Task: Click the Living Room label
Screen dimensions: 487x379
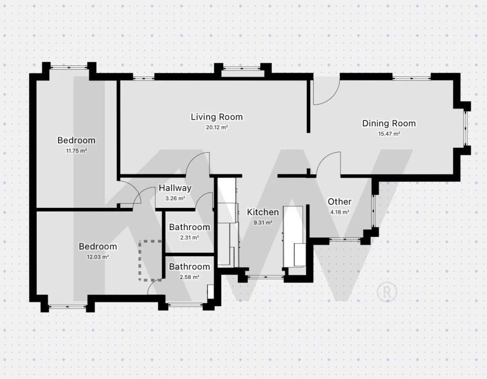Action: [217, 117]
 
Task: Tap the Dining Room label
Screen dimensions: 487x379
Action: [389, 123]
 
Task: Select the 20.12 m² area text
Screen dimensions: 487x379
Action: [217, 127]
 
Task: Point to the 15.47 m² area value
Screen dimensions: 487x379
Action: [389, 134]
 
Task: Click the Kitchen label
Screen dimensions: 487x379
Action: [263, 212]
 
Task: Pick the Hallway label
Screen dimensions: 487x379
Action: [175, 188]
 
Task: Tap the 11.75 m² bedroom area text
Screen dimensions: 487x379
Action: [76, 151]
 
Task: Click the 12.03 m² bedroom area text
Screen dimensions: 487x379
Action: [98, 257]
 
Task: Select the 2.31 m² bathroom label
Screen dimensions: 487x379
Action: [190, 237]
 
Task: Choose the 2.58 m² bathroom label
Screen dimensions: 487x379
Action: [190, 277]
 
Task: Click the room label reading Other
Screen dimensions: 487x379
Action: [340, 202]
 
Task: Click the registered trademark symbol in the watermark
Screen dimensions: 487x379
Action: [387, 292]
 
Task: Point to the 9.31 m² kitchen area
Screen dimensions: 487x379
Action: [263, 223]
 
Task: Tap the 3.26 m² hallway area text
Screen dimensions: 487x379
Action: [175, 198]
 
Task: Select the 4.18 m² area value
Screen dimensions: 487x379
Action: [340, 212]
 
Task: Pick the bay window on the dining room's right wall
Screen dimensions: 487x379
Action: [465, 128]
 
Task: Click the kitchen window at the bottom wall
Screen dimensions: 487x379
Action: [265, 276]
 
